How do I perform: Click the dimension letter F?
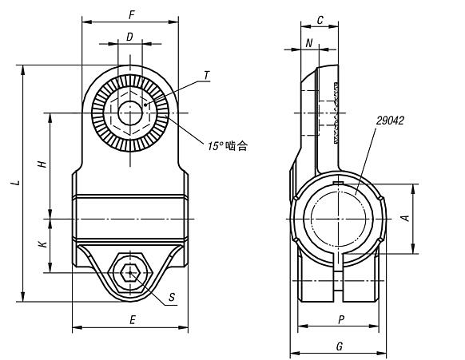[132, 15]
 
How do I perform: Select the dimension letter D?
[129, 37]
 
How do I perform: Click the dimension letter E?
[133, 320]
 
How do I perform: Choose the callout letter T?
[207, 75]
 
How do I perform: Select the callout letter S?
[172, 297]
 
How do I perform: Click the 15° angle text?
[215, 146]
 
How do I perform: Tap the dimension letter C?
[320, 20]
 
